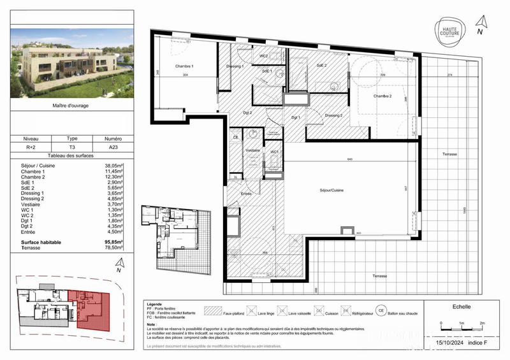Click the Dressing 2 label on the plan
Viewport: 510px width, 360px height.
[333, 115]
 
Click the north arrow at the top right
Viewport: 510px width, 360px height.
[481, 27]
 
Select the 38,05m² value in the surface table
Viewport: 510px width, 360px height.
[113, 166]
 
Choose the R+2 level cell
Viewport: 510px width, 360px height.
[31, 147]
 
